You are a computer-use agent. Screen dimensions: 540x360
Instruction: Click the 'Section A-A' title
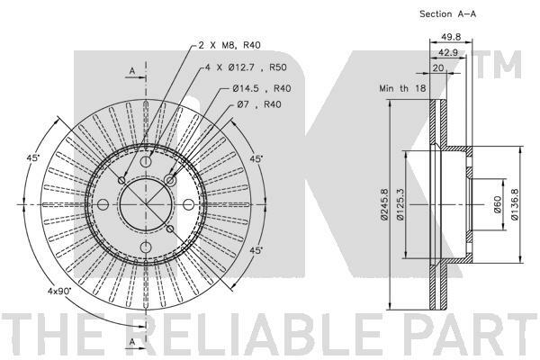[447, 14]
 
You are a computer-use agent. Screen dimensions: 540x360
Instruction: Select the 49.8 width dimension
[451, 37]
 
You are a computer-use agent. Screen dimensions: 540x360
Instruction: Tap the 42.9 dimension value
[447, 52]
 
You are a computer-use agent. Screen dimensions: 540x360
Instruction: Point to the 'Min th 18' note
[402, 88]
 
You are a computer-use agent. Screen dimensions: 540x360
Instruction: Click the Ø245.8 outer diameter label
[384, 204]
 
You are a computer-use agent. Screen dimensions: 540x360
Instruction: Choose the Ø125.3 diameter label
[400, 204]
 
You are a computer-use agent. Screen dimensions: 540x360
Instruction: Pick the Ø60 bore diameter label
[498, 204]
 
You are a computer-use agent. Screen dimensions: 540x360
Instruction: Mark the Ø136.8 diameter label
[515, 204]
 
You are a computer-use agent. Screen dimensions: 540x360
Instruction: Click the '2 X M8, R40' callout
[229, 45]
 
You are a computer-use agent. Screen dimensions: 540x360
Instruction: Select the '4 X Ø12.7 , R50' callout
[246, 67]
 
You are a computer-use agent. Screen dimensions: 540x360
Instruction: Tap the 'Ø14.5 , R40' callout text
[261, 88]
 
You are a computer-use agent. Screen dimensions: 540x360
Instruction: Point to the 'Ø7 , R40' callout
[259, 104]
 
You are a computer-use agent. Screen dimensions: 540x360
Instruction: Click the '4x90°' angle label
[59, 291]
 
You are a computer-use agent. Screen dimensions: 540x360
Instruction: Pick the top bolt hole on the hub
[146, 161]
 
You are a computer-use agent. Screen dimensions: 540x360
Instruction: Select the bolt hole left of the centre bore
[103, 204]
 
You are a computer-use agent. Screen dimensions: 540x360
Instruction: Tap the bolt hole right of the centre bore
[188, 204]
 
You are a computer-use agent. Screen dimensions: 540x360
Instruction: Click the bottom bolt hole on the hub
[146, 247]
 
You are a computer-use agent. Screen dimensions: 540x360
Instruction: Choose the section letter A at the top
[132, 71]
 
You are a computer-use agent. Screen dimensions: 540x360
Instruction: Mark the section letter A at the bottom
[132, 341]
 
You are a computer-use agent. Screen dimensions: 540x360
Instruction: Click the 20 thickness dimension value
[438, 67]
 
